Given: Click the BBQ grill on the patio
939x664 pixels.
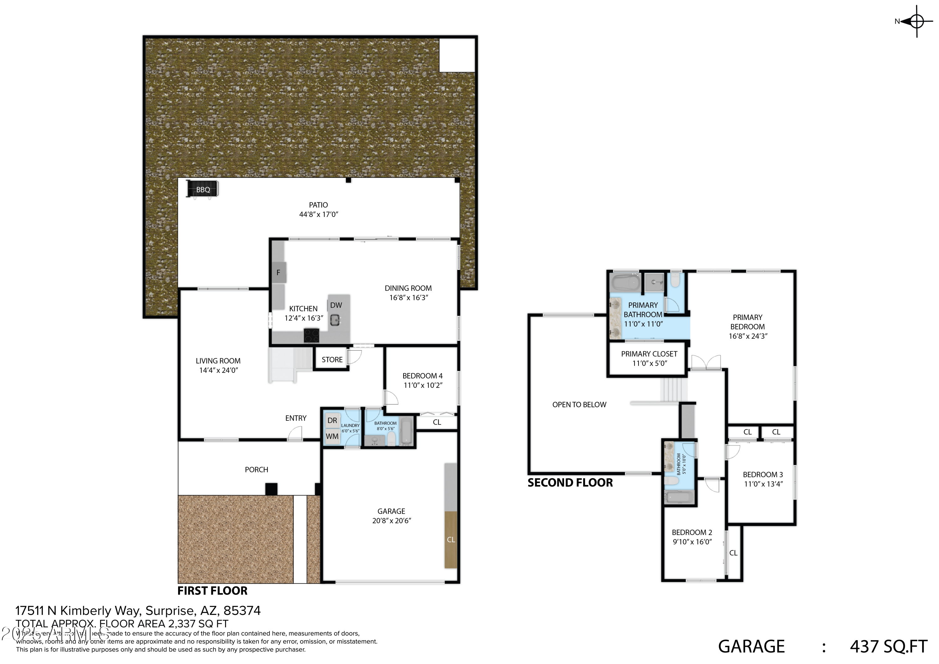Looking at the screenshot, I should (x=203, y=189).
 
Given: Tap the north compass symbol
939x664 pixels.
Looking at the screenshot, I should (x=916, y=21).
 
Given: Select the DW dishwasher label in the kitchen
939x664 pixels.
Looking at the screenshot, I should (x=336, y=305).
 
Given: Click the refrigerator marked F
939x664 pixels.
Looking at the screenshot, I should (x=279, y=272).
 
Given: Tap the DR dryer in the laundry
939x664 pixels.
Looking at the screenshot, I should (x=332, y=420).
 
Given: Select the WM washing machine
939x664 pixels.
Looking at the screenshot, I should (x=332, y=436).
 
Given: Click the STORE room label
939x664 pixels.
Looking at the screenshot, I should (x=332, y=360).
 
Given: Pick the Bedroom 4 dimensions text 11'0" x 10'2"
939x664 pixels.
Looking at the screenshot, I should (x=423, y=385).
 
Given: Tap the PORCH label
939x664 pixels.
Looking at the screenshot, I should (x=256, y=470).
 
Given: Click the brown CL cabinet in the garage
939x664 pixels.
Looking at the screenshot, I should (x=451, y=540).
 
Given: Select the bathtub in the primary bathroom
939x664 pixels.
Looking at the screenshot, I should (x=624, y=283).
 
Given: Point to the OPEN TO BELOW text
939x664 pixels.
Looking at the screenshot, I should (x=579, y=404).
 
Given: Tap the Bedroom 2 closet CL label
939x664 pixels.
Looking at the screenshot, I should (x=733, y=553).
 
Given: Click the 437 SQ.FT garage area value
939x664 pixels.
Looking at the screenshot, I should (x=888, y=646).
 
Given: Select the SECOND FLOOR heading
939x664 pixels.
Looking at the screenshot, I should (x=570, y=483).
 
